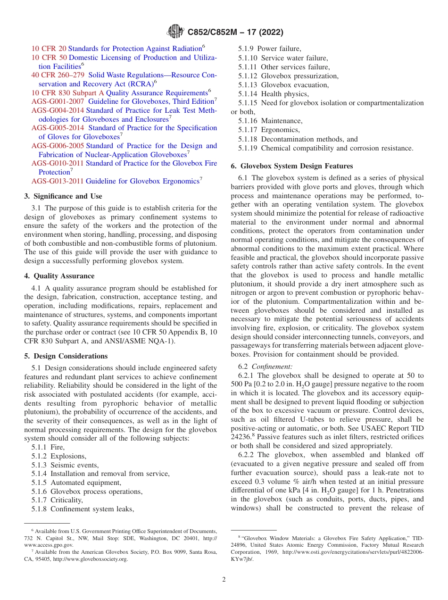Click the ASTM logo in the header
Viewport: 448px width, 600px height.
tap(175, 32)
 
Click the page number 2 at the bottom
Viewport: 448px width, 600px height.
tap(224, 580)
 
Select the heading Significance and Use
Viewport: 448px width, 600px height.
tap(63, 196)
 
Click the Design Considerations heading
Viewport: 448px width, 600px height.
tap(66, 356)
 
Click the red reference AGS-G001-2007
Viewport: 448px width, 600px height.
tap(58, 101)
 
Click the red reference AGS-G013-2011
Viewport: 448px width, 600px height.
tap(58, 181)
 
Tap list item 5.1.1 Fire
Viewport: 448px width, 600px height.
tap(48, 447)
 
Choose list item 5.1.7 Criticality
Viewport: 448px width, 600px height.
tap(57, 500)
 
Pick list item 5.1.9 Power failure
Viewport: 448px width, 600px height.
tap(269, 49)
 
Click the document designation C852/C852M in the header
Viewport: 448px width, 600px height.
tap(212, 33)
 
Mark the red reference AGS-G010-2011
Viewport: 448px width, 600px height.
tap(58, 163)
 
